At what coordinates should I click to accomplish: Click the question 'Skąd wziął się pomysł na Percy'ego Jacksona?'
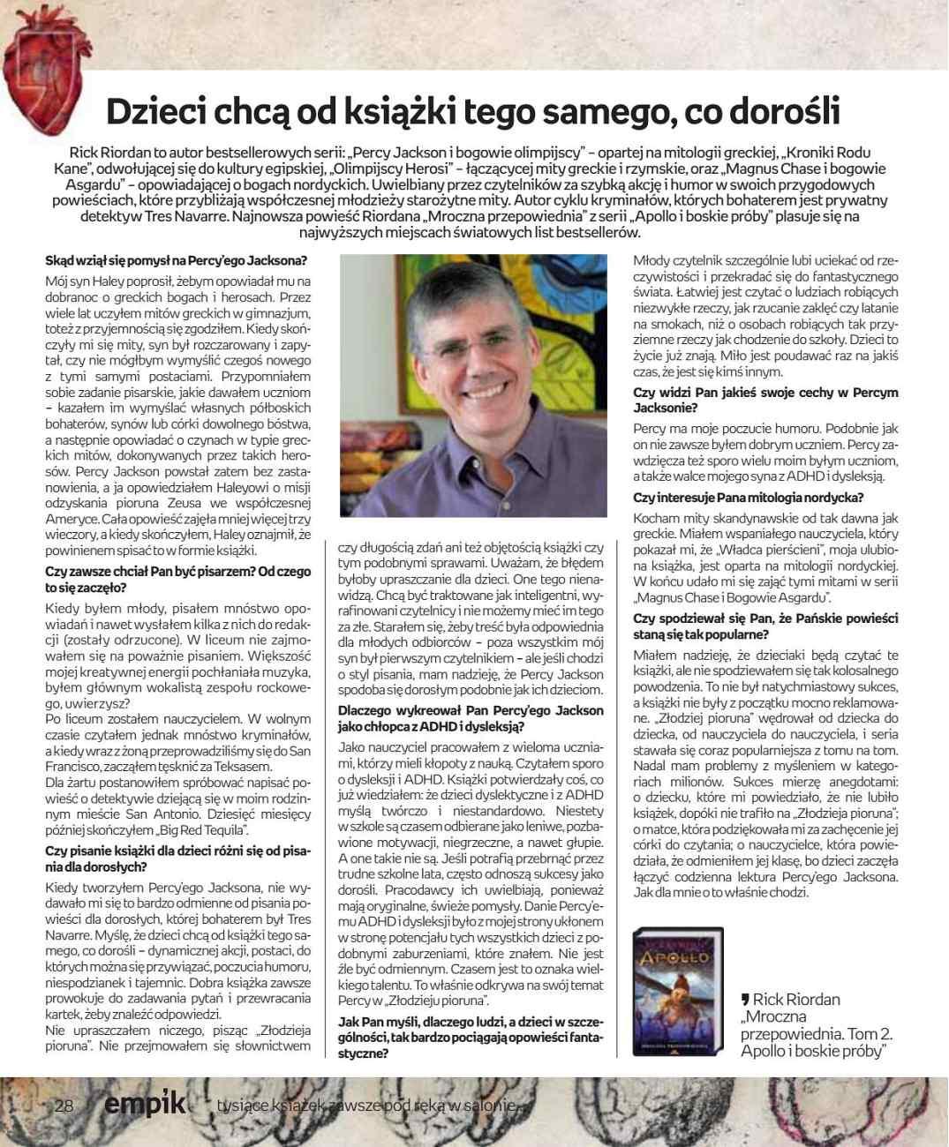tap(177, 261)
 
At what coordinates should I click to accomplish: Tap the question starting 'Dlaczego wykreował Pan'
tap(471, 718)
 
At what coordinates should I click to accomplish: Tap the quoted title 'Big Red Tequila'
tap(203, 829)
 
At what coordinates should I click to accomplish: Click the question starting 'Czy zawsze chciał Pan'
tap(177, 579)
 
